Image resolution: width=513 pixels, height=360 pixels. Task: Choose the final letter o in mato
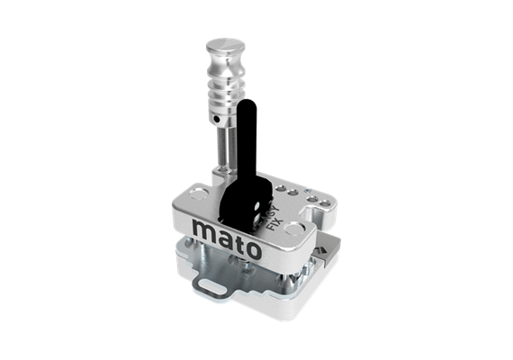coord(255,248)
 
